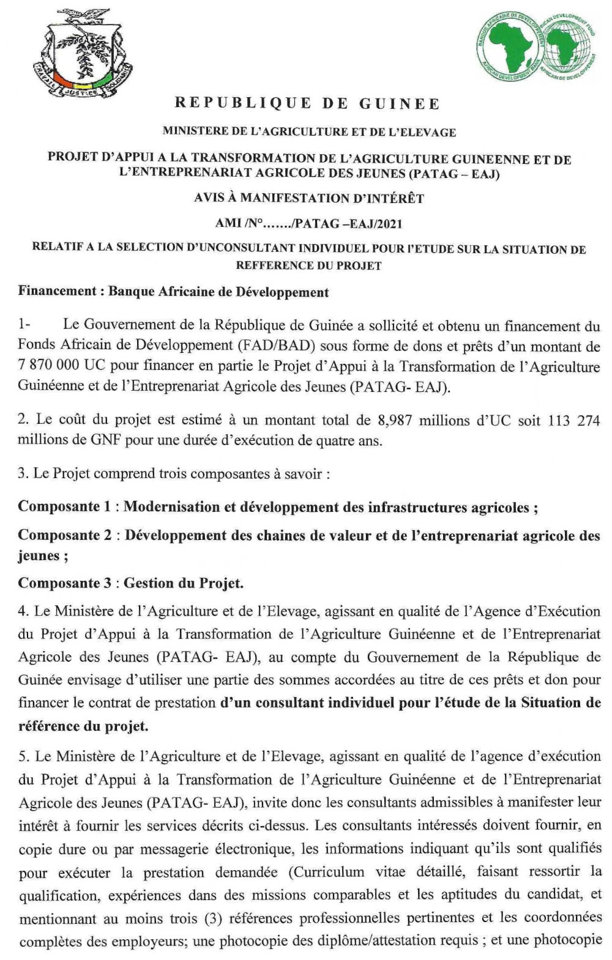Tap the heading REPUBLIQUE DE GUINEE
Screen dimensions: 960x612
(x=308, y=103)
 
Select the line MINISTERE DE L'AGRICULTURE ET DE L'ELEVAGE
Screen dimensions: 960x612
(x=308, y=131)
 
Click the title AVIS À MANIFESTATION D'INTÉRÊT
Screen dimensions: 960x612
(x=308, y=198)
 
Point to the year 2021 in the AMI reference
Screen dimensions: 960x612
(x=390, y=224)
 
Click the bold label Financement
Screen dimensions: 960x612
(x=57, y=292)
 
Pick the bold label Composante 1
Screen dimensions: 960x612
(x=67, y=507)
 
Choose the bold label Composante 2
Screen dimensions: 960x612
(x=67, y=535)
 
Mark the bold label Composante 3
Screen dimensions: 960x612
(x=67, y=583)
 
